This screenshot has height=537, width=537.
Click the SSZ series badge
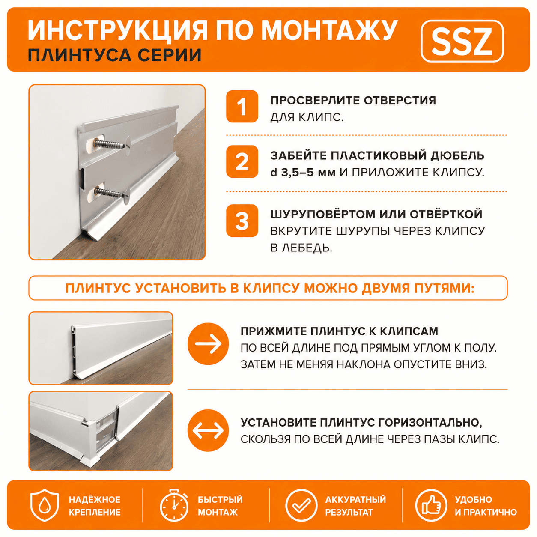point(462,41)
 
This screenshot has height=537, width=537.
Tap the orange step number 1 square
point(242,107)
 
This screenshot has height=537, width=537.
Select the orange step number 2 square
point(242,161)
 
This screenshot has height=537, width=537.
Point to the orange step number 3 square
point(242,221)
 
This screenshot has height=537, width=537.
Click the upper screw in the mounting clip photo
point(111,144)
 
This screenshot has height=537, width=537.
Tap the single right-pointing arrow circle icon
point(208,343)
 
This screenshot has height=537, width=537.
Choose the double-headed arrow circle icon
point(208,430)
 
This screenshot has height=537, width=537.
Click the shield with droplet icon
point(45,505)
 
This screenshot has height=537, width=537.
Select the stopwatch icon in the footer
point(173,505)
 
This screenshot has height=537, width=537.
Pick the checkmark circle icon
point(301,505)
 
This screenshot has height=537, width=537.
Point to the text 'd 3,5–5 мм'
point(303,173)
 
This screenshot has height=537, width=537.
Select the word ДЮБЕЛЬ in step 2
point(457,155)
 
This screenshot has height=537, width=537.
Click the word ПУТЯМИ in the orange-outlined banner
point(444,289)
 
